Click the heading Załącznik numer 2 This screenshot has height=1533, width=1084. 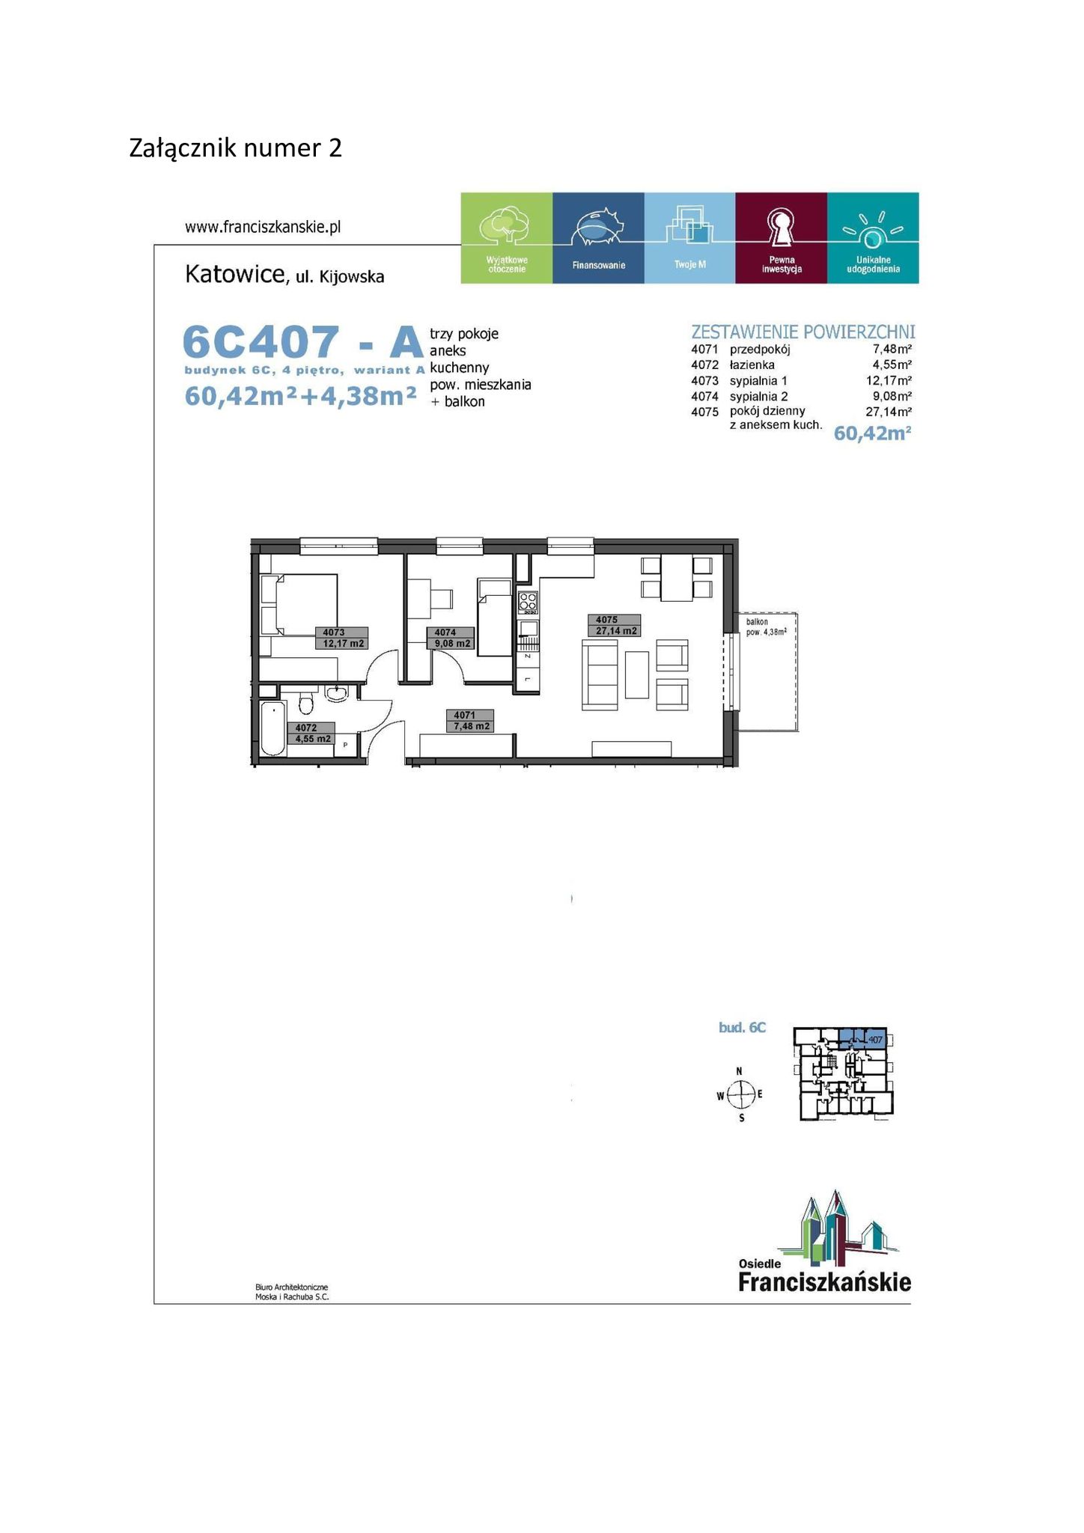(x=236, y=148)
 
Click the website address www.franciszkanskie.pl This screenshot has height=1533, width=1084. (x=263, y=227)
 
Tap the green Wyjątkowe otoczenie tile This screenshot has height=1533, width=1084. (x=507, y=238)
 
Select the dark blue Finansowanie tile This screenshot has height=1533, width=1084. (x=598, y=238)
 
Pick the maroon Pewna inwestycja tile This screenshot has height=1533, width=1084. (x=782, y=238)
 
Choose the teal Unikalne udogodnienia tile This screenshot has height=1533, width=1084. (x=873, y=238)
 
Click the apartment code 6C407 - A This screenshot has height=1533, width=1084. (x=304, y=343)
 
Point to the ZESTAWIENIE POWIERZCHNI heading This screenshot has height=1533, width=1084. (x=803, y=332)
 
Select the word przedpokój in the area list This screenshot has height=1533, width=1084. (x=760, y=350)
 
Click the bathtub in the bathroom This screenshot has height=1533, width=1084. (x=273, y=729)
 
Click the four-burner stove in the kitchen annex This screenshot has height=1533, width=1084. (x=528, y=601)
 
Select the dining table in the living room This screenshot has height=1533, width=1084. (x=677, y=579)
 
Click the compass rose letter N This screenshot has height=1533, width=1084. (x=740, y=1071)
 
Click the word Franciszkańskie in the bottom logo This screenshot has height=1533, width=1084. (x=825, y=1281)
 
